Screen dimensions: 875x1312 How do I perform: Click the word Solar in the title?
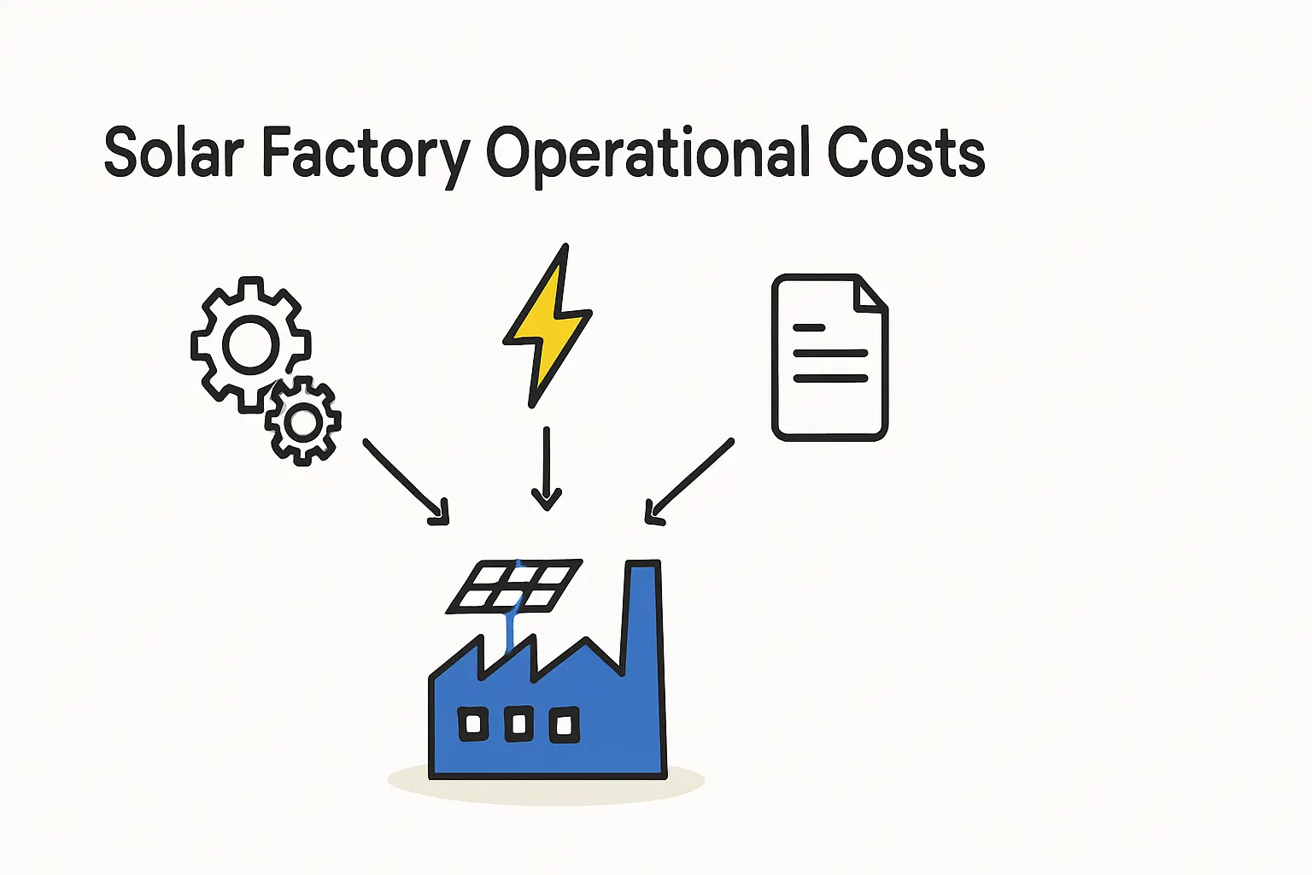click(173, 154)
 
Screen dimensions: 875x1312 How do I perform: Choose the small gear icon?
click(303, 421)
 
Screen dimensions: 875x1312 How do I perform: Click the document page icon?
click(829, 376)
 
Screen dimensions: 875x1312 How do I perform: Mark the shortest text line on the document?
click(809, 327)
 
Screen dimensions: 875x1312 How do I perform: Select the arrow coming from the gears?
click(405, 479)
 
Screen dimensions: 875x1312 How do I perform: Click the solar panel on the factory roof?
click(515, 585)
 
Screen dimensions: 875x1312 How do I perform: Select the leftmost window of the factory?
click(473, 725)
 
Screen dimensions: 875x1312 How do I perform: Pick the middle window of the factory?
click(518, 725)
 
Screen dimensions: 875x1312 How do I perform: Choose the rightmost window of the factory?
click(564, 725)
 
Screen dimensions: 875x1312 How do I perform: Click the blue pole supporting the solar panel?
click(511, 631)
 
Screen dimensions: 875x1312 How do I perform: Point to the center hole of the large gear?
click(250, 345)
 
